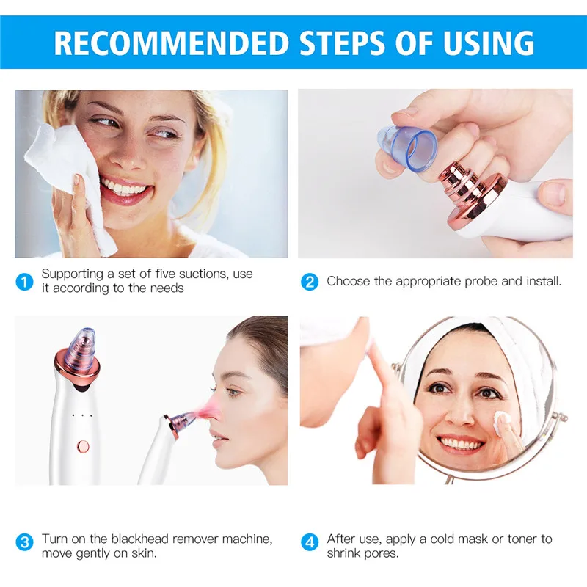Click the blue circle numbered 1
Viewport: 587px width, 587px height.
25,282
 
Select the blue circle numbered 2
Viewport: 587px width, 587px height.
310,282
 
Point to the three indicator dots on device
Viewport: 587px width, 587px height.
82,416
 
